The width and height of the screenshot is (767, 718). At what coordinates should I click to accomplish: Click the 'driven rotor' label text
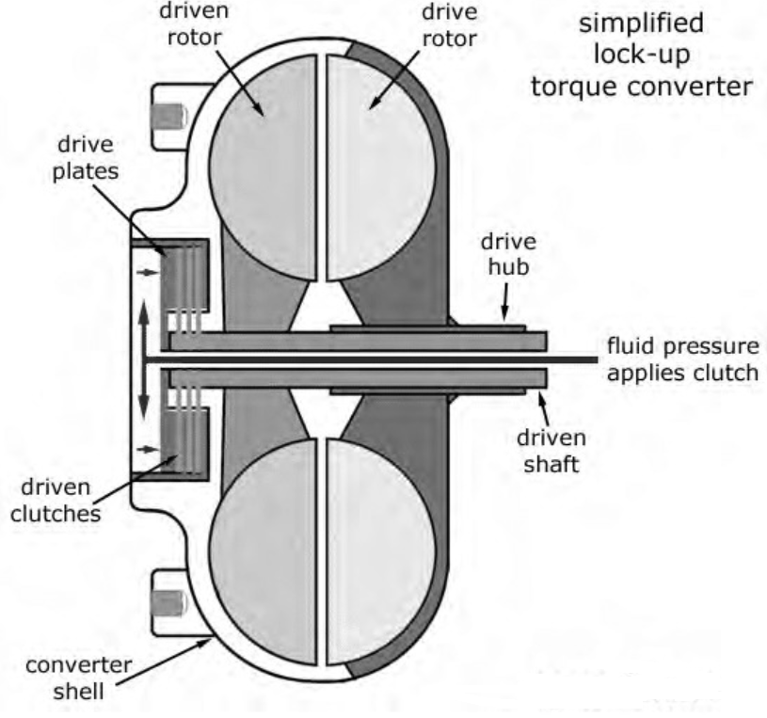click(194, 24)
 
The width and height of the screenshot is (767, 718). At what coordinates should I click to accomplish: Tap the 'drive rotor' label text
click(450, 25)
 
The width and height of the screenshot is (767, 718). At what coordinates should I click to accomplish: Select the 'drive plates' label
click(86, 158)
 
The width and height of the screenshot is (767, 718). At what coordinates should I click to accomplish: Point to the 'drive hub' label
click(509, 254)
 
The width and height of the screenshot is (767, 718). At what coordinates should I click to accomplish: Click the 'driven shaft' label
click(551, 451)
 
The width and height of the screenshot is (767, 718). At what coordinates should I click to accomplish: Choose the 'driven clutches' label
click(56, 501)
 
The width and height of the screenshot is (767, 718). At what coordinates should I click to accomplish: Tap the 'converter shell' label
click(79, 678)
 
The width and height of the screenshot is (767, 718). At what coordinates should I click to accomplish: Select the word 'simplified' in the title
click(641, 24)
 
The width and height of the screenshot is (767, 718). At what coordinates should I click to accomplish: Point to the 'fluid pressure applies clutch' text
click(683, 359)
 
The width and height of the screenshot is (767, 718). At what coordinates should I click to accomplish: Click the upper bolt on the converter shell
click(169, 117)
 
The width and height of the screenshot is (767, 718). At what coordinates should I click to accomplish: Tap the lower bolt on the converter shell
click(169, 603)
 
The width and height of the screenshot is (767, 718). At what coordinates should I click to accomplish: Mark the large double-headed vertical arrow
click(143, 360)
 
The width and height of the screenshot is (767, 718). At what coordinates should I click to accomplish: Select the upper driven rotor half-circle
click(263, 168)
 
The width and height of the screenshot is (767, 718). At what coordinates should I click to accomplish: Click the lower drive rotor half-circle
click(381, 552)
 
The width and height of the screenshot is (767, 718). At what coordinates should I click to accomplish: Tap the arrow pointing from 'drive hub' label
click(505, 303)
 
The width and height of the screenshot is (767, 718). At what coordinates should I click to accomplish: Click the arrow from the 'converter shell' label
click(165, 661)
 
